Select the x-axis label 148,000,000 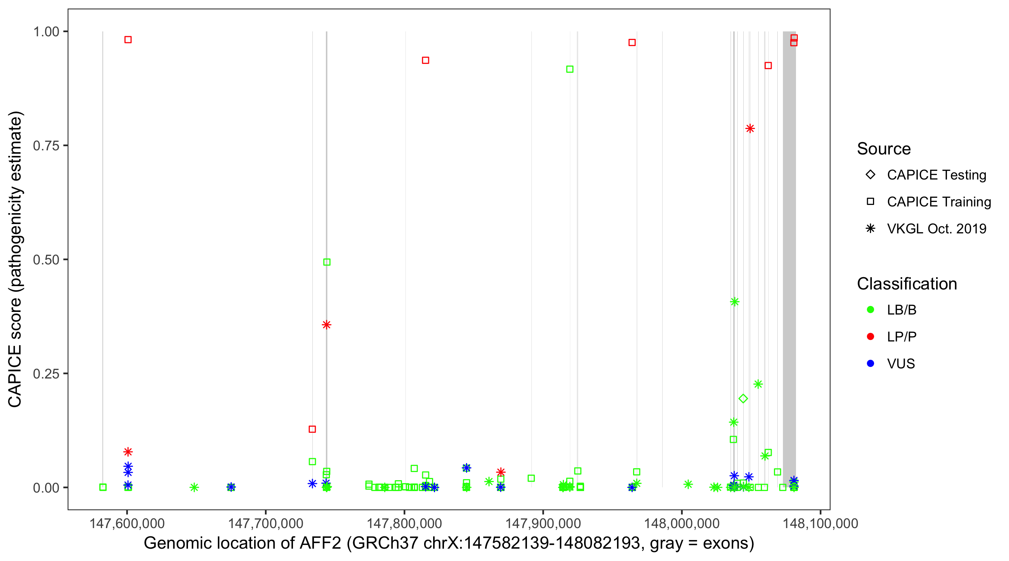pos(682,523)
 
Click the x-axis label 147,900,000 pos(543,523)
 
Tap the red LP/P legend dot pos(870,337)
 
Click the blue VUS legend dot pos(870,364)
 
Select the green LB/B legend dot pos(870,310)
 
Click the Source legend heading pos(884,149)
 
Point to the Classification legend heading pos(907,284)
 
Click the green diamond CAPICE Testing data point pos(743,399)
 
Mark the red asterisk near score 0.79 pos(750,129)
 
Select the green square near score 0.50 pos(327,262)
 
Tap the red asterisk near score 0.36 pos(326,325)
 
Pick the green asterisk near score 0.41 pos(734,301)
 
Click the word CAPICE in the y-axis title pos(15,376)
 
